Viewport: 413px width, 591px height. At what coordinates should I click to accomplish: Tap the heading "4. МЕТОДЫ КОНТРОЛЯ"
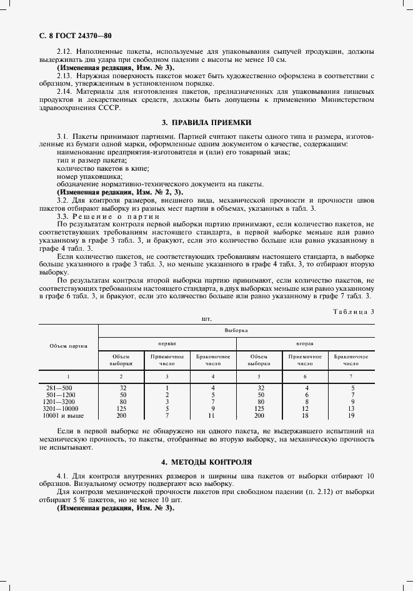pos(206,462)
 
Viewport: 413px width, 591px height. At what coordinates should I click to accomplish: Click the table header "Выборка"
pos(236,328)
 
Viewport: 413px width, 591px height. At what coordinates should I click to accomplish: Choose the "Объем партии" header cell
pos(69,345)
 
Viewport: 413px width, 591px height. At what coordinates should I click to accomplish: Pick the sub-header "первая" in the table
pos(167,344)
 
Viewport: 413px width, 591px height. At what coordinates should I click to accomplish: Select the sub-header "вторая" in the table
pos(304,344)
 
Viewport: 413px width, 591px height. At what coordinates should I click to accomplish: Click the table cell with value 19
pos(352,416)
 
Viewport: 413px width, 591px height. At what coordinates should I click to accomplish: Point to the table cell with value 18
pos(306,416)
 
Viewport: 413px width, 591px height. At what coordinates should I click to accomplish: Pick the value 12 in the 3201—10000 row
pos(306,409)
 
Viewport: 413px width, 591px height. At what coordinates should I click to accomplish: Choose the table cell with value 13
pos(352,409)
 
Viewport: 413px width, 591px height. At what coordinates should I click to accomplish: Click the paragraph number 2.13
pos(65,76)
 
